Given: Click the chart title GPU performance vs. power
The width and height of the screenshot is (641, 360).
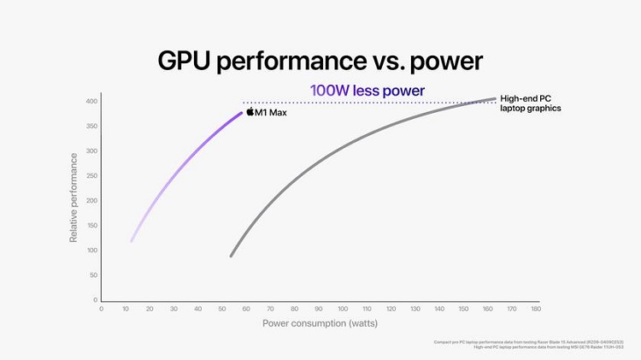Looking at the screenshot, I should click(320, 61).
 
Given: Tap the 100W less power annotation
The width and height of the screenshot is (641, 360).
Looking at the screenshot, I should click(367, 90).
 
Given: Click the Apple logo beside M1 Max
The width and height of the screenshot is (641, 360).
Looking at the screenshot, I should click(250, 111).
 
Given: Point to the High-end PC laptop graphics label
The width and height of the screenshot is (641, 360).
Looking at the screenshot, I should click(530, 103).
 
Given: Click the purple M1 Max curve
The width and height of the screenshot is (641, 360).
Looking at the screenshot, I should click(179, 170).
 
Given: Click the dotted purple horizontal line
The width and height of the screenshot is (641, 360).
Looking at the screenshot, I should click(368, 103).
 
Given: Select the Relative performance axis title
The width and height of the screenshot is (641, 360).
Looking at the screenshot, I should click(74, 198).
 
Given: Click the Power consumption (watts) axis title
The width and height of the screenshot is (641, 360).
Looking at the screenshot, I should click(319, 323).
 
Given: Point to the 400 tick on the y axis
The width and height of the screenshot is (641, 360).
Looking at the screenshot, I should click(91, 102).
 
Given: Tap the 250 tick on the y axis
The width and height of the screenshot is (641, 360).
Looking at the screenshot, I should click(91, 176).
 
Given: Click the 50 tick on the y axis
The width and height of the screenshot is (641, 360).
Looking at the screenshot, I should click(93, 275).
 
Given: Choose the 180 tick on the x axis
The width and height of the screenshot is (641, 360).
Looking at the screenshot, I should click(537, 309).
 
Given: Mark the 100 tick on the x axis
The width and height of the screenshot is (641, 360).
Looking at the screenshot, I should click(343, 309).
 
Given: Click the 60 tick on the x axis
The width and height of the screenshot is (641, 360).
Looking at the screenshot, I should click(246, 309).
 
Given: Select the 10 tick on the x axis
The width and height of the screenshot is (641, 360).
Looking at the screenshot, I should click(126, 309).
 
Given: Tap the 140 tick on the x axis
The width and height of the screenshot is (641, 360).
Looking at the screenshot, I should click(439, 309).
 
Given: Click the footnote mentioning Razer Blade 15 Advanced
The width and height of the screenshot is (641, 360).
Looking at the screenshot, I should click(537, 342).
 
